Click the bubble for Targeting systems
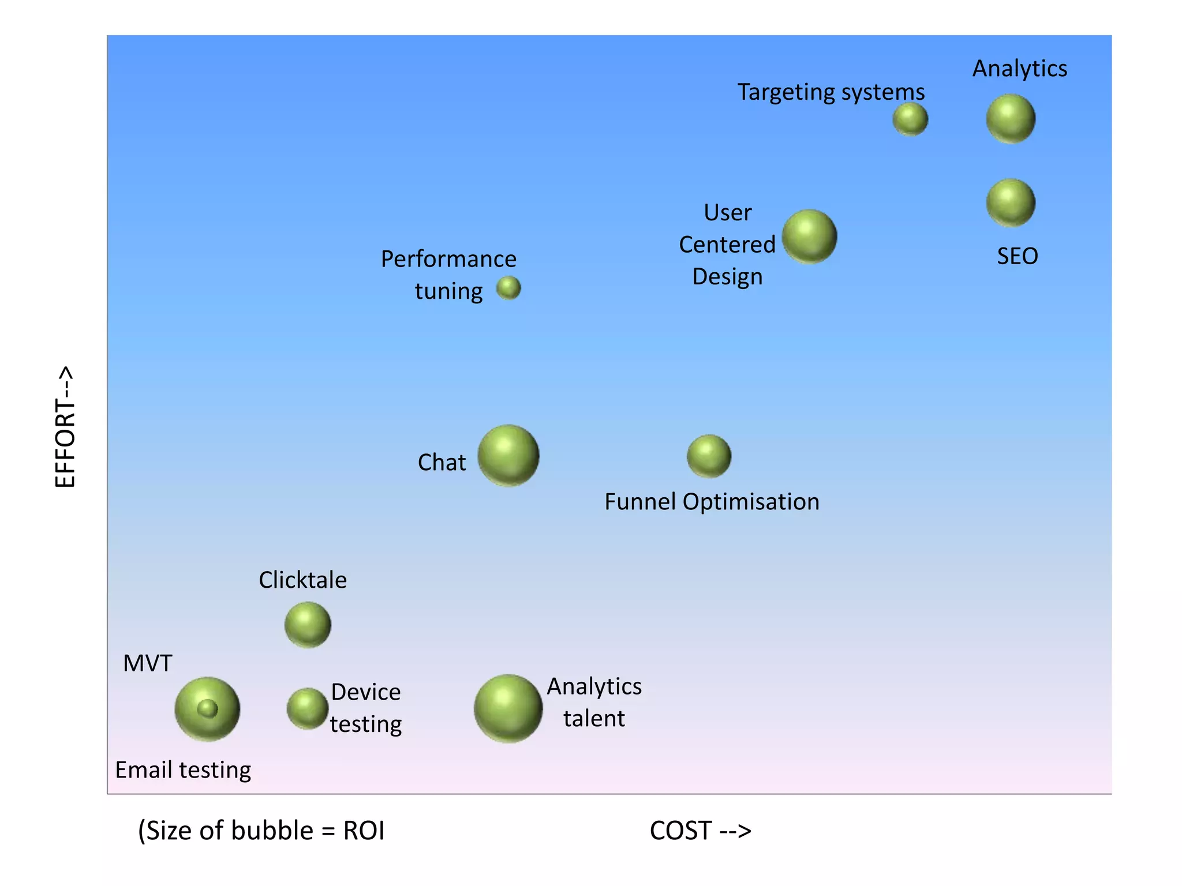click(910, 119)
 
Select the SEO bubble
click(1011, 202)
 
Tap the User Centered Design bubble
click(809, 236)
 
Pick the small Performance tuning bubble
click(508, 288)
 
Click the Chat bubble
click(508, 455)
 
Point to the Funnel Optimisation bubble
click(709, 456)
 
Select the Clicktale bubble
click(308, 625)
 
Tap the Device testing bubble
click(308, 708)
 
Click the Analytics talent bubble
click(508, 708)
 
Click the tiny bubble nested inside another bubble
click(207, 708)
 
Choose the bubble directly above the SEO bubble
click(1011, 119)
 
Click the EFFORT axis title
click(65, 427)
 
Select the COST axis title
click(700, 831)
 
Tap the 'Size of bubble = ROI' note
click(261, 831)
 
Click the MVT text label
click(148, 663)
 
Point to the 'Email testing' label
click(183, 770)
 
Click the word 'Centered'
click(727, 245)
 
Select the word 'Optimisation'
click(751, 502)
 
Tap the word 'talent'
click(594, 719)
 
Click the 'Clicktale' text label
click(302, 580)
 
